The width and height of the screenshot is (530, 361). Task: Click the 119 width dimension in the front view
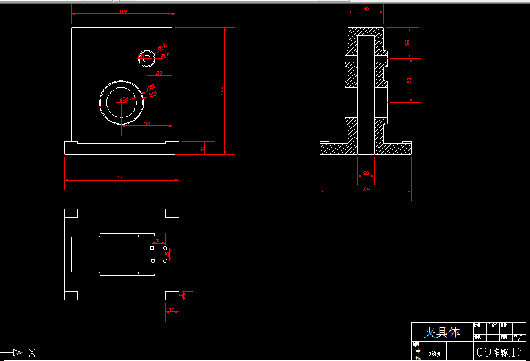click(x=123, y=12)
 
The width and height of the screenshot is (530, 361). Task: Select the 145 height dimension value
click(x=223, y=91)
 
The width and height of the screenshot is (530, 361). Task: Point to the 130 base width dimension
click(x=122, y=177)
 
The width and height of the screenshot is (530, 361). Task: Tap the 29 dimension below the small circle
click(x=160, y=73)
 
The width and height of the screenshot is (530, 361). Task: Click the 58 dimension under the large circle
click(x=147, y=123)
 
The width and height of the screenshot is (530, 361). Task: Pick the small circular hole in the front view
click(x=147, y=58)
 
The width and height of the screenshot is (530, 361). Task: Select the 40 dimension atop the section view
click(x=366, y=9)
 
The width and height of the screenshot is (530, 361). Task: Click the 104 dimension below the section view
click(x=366, y=189)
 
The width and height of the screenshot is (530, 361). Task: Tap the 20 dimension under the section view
click(x=366, y=174)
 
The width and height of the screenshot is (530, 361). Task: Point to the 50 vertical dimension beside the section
click(x=409, y=80)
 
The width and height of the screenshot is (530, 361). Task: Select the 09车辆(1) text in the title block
click(x=499, y=352)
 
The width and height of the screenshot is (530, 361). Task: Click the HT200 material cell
click(x=519, y=337)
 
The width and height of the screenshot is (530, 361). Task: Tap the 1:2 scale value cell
click(x=492, y=326)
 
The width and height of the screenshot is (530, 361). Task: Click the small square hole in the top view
click(x=152, y=248)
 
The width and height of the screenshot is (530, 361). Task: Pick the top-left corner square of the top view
click(x=71, y=214)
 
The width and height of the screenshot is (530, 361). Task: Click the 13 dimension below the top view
click(x=172, y=310)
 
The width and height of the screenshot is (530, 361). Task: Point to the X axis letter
click(x=32, y=352)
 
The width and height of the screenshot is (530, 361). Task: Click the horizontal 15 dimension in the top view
click(x=159, y=240)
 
